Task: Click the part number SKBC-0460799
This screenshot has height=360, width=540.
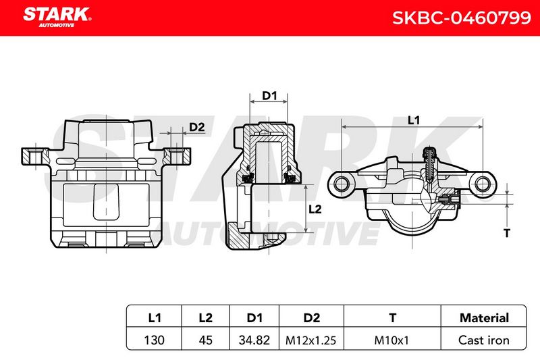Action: tap(461, 18)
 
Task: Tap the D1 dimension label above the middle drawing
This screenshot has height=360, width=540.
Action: tap(269, 95)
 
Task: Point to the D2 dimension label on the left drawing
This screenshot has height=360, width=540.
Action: tap(197, 127)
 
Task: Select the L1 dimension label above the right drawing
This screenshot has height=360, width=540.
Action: tap(414, 120)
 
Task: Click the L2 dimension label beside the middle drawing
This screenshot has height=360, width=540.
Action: tap(315, 209)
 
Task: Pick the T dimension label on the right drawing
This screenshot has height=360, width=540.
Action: tap(507, 233)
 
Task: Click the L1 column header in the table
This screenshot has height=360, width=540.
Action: tap(155, 317)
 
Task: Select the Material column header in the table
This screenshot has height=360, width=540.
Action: tap(484, 317)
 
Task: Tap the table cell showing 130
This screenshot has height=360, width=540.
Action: tap(155, 340)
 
